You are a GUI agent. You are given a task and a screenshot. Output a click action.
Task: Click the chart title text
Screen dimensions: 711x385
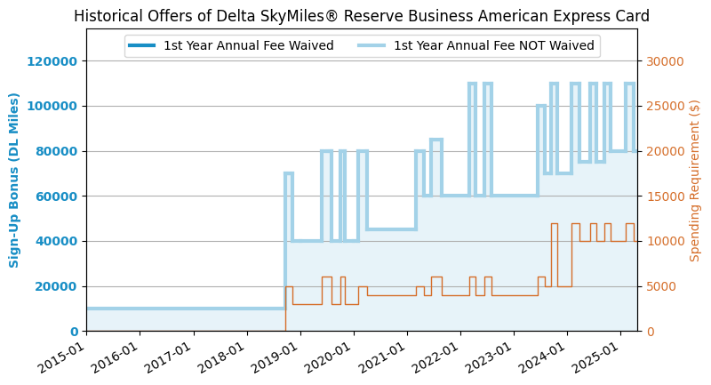pos(362,16)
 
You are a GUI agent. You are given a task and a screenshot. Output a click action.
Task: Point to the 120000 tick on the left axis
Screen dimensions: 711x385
pos(52,61)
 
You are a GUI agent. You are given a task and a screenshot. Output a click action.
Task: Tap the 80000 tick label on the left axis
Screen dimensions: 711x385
pos(56,151)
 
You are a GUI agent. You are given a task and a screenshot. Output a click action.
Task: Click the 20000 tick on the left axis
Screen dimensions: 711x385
pos(56,286)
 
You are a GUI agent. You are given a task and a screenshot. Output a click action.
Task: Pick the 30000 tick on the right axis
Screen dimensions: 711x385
pos(665,61)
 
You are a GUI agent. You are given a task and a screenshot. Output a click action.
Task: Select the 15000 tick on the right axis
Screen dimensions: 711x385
pos(665,197)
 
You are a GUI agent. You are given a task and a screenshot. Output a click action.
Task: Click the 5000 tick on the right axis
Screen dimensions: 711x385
pos(661,286)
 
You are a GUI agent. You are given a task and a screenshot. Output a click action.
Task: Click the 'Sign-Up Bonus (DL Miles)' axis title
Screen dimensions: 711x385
pos(13,180)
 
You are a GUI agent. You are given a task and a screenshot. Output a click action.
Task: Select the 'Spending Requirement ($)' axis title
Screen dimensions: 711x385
pos(694,180)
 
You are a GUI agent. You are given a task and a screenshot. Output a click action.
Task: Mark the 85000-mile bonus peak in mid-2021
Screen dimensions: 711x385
pos(436,140)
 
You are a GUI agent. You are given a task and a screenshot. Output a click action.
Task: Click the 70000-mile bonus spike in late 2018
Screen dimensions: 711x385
pos(289,172)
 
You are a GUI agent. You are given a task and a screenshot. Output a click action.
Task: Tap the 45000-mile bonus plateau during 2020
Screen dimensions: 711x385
pos(392,229)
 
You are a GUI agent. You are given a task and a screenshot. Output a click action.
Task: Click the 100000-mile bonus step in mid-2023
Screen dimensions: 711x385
pos(541,106)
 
